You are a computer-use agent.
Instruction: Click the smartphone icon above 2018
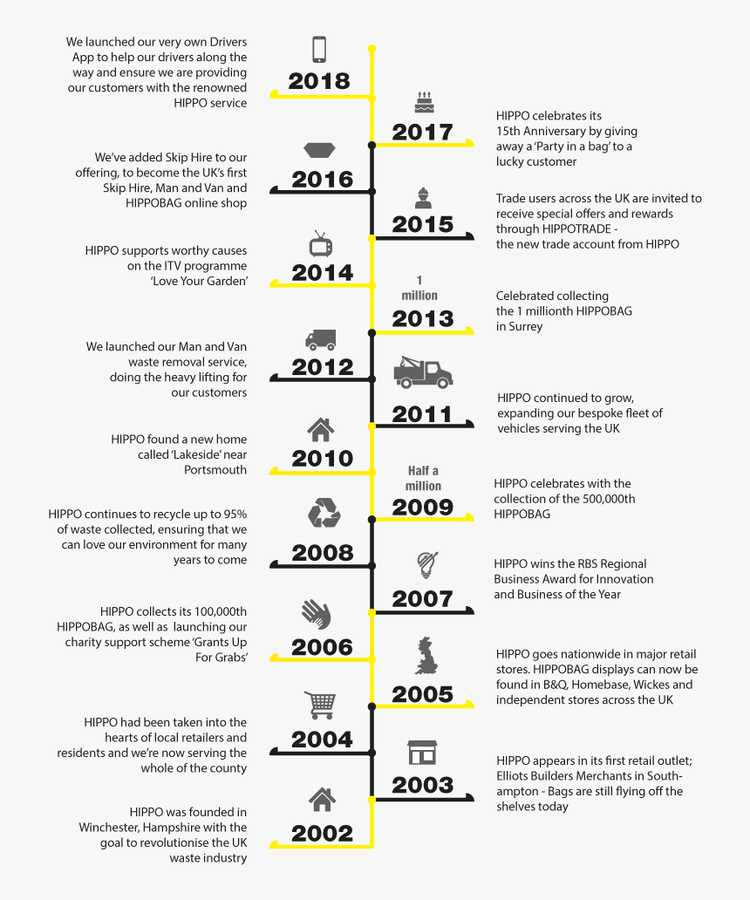[x=320, y=49]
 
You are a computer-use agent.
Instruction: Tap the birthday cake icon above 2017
[x=423, y=103]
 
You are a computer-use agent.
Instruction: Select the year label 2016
[x=322, y=180]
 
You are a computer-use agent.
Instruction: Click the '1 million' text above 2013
[x=419, y=288]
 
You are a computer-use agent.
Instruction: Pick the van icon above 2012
[x=320, y=340]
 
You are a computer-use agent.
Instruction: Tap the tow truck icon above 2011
[x=423, y=372]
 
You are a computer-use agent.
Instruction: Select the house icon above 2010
[x=320, y=429]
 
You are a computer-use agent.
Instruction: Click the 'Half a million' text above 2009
[x=423, y=478]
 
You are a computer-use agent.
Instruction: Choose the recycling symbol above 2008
[x=324, y=512]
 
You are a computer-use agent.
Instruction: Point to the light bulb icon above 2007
[x=425, y=566]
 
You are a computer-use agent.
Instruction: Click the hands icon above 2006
[x=316, y=613]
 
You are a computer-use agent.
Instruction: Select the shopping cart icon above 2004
[x=319, y=704]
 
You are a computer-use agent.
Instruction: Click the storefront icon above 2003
[x=422, y=753]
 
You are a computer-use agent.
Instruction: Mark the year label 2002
[x=322, y=833]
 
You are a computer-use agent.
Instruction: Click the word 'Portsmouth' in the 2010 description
[x=215, y=470]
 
